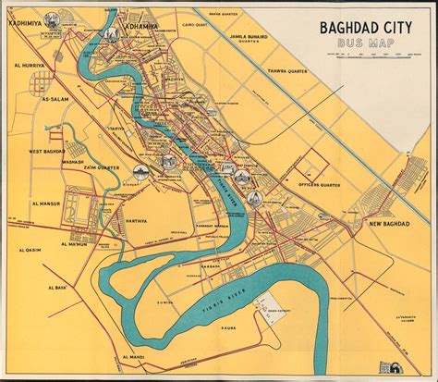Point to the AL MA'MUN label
point(76,243)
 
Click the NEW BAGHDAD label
point(388,225)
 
